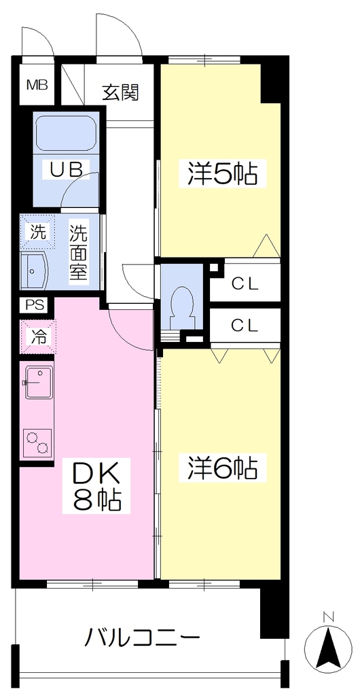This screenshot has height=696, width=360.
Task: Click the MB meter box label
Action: tap(37, 85)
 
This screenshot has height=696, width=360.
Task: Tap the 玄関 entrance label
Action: tap(121, 92)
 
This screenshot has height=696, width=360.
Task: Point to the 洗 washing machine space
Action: tap(37, 232)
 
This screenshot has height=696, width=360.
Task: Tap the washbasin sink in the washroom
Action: tap(35, 271)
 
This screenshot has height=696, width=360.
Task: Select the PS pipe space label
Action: tap(35, 306)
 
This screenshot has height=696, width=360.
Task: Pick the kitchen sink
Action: tap(38, 381)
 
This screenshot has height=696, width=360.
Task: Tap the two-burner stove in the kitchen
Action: tap(37, 442)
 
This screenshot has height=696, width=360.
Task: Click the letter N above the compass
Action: tap(328, 616)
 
